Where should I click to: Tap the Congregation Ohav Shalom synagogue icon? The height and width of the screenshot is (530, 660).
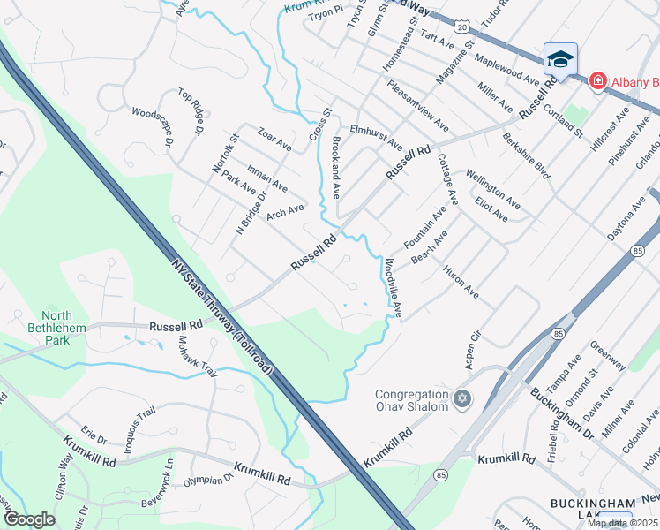point(460,401)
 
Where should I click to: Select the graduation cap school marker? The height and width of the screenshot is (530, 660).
point(559,59)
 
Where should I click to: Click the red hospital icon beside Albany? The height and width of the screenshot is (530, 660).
point(597,80)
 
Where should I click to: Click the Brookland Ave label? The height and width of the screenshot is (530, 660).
point(335,166)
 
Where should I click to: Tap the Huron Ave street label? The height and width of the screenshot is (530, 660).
point(461,281)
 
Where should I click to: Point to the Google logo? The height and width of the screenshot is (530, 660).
point(29,519)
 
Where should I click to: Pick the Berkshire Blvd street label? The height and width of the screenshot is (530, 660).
point(526,155)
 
